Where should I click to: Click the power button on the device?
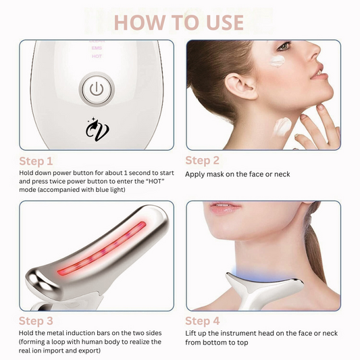[x=97, y=90]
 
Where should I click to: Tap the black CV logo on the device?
[x=97, y=130]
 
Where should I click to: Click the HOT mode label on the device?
[x=97, y=56]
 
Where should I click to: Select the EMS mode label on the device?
[x=97, y=48]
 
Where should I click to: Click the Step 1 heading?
[x=36, y=161]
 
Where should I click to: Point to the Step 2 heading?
[x=202, y=161]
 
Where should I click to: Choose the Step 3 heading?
[x=36, y=321]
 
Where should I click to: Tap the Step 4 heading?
[x=203, y=321]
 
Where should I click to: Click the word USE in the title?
[x=225, y=22]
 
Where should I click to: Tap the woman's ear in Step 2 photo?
[x=240, y=87]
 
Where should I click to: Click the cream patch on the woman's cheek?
[x=278, y=61]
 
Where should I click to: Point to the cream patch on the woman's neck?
[x=282, y=126]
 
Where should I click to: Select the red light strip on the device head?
[x=102, y=249]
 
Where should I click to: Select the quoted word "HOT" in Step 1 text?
[x=157, y=181]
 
